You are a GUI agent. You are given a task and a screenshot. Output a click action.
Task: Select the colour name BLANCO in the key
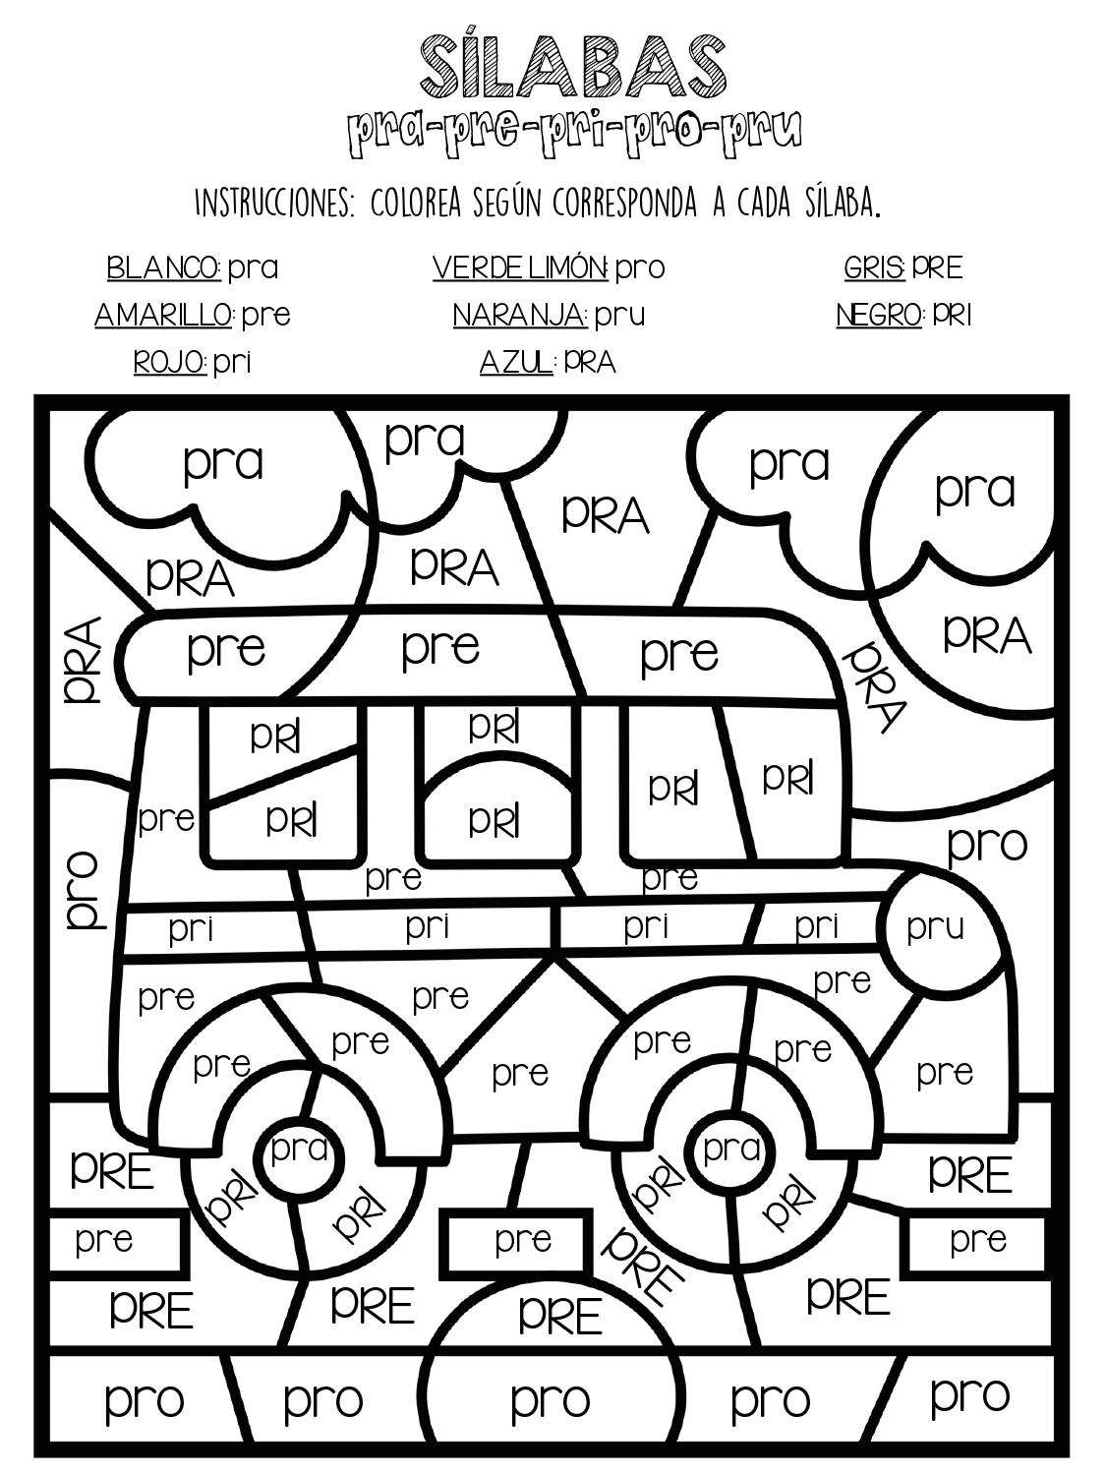[x=164, y=267]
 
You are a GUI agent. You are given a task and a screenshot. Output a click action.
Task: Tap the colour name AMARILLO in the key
[x=164, y=315]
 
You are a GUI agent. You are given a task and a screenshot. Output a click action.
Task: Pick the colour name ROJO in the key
[x=170, y=362]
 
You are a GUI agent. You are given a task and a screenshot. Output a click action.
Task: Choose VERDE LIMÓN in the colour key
[x=520, y=267]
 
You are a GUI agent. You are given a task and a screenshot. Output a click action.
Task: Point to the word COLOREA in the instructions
[x=415, y=203]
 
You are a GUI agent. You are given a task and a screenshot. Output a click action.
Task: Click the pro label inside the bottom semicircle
[x=551, y=1400]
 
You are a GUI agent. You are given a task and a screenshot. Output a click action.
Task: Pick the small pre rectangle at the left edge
[x=116, y=1243]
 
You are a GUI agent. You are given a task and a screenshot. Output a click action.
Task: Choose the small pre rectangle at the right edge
[x=978, y=1242]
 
